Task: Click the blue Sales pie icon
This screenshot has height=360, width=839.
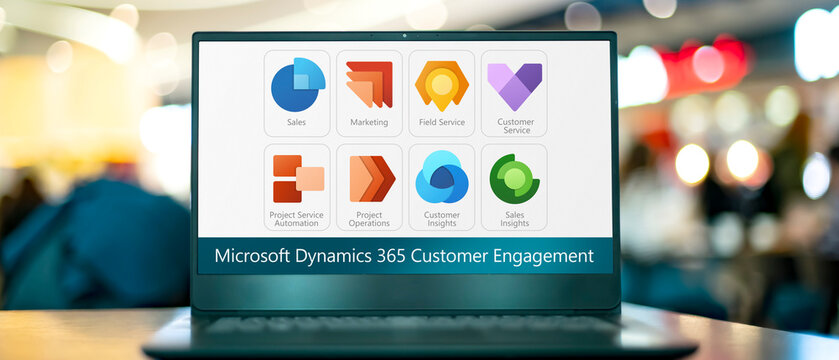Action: [297, 86]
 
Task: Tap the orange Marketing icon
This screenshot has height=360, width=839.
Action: [369, 85]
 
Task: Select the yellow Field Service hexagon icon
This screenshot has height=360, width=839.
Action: [441, 85]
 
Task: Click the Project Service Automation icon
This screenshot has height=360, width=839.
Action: [297, 179]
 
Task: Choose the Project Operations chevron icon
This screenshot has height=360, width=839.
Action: [370, 179]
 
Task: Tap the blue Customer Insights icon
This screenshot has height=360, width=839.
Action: [441, 178]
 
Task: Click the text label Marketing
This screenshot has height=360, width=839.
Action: [369, 123]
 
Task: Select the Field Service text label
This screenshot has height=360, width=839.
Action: [441, 123]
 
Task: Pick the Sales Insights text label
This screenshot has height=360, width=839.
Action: [514, 219]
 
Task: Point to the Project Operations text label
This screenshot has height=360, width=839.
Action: [369, 219]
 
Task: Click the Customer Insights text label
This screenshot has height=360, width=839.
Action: [441, 219]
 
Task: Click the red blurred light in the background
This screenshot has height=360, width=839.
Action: [707, 65]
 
